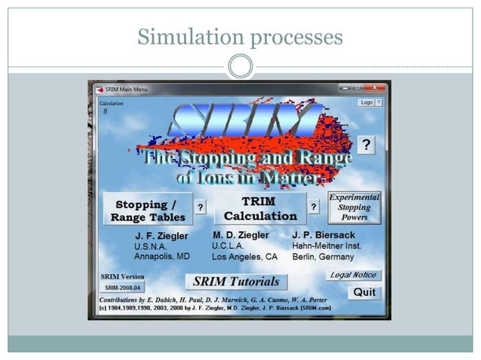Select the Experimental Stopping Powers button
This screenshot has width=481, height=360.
(354, 207)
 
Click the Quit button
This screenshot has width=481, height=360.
(366, 293)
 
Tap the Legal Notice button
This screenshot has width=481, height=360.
(354, 276)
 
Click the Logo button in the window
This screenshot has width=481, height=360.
(366, 102)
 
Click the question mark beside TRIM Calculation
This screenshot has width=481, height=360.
(313, 206)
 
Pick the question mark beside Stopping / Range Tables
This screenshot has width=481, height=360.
(201, 206)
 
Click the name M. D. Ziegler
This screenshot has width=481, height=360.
(240, 235)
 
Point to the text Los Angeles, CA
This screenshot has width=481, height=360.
(245, 256)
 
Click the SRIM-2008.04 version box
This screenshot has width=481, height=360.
(124, 288)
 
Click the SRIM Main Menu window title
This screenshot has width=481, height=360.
(127, 89)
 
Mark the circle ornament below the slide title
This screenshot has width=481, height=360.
(240, 66)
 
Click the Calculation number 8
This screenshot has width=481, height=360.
(106, 111)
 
